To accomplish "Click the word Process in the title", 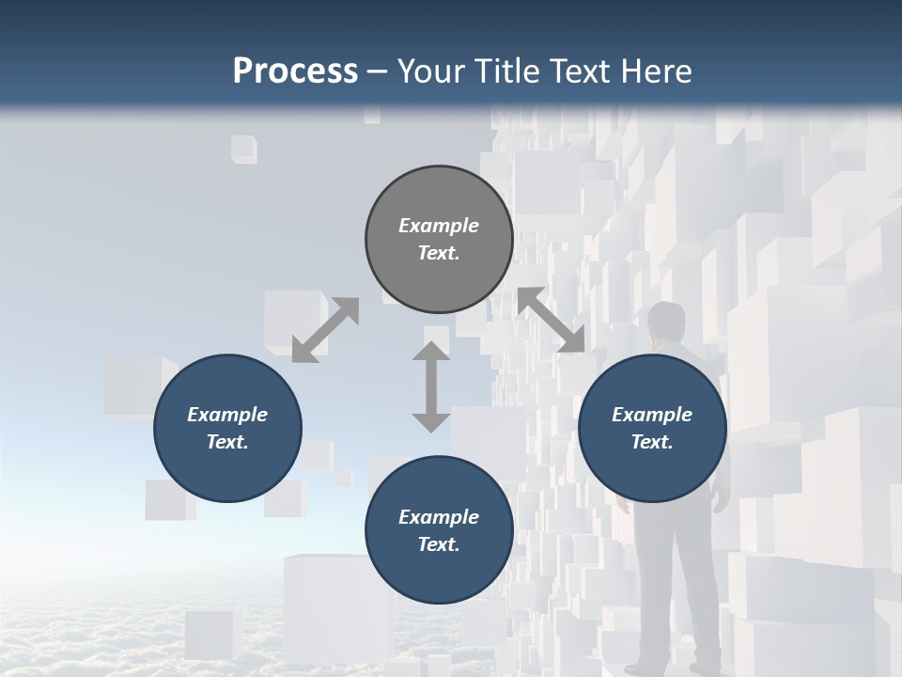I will pos(295,71).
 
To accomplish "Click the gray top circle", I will pos(439,239).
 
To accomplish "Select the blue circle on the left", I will pos(227,428).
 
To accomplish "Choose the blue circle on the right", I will pos(652,428).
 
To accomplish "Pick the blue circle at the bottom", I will pos(439,529).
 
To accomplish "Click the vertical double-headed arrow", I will pos(431,386).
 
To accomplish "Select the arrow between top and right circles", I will pos(552,321).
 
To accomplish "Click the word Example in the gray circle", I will pos(439,226).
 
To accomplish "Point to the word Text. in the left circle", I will pos(227,442).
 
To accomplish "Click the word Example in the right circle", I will pos(652,415).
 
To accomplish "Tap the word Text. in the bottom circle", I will pos(439,544).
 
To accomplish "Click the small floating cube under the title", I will pos(244,149).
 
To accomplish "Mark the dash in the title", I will pos(377,71).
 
